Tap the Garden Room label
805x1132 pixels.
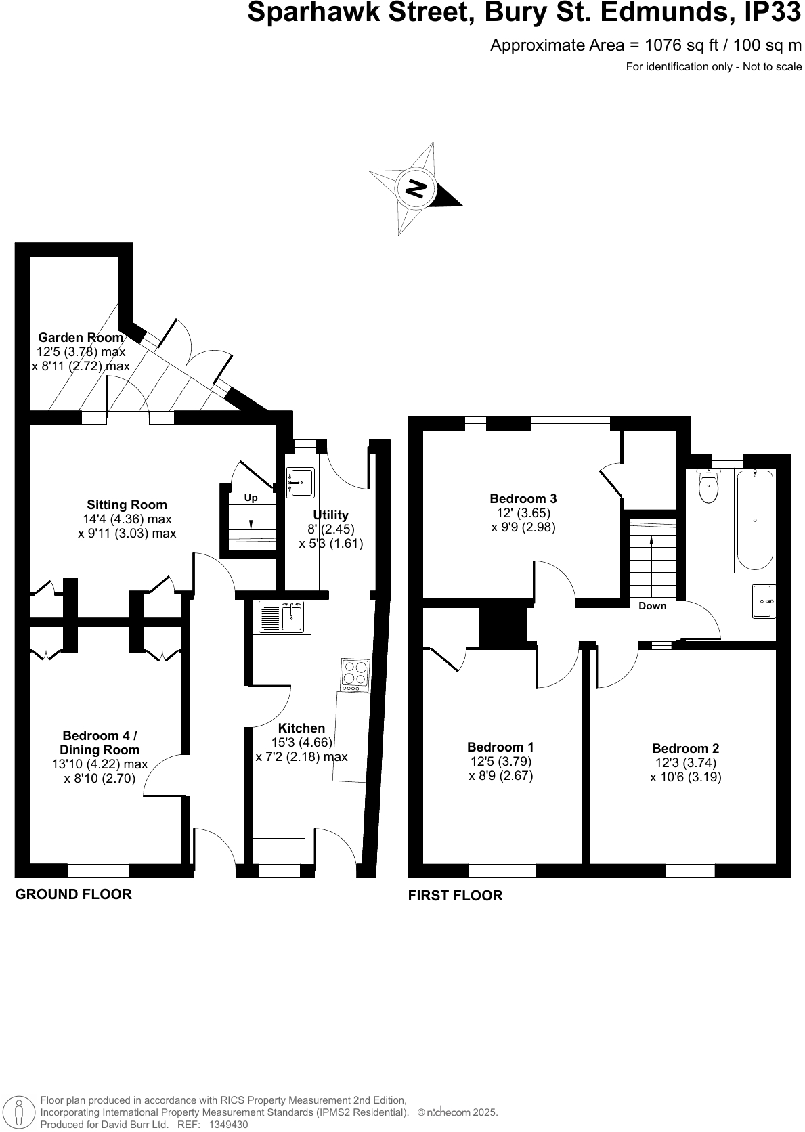pyautogui.click(x=81, y=337)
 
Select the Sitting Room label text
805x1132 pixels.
pyautogui.click(x=127, y=504)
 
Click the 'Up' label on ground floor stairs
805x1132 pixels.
pyautogui.click(x=251, y=498)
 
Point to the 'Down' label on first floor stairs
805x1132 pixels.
pyautogui.click(x=652, y=606)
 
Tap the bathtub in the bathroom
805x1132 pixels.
pyautogui.click(x=754, y=520)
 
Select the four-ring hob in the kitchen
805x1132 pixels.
pyautogui.click(x=355, y=675)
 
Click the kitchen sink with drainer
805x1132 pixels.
pyautogui.click(x=283, y=617)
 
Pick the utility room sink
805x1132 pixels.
pyautogui.click(x=300, y=482)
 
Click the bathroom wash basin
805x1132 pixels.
pyautogui.click(x=764, y=601)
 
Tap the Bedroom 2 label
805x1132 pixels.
pyautogui.click(x=685, y=748)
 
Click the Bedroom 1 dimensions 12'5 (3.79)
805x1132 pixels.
pyautogui.click(x=501, y=762)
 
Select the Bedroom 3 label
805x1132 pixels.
pyautogui.click(x=523, y=499)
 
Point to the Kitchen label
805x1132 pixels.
pyautogui.click(x=301, y=728)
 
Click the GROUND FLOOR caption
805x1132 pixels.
pyautogui.click(x=73, y=894)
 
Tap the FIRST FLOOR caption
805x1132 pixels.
pyautogui.click(x=455, y=896)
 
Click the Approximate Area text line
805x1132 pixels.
pyautogui.click(x=645, y=45)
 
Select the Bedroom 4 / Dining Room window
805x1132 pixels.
pyautogui.click(x=97, y=871)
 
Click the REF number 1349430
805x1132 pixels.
pyautogui.click(x=228, y=1125)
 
